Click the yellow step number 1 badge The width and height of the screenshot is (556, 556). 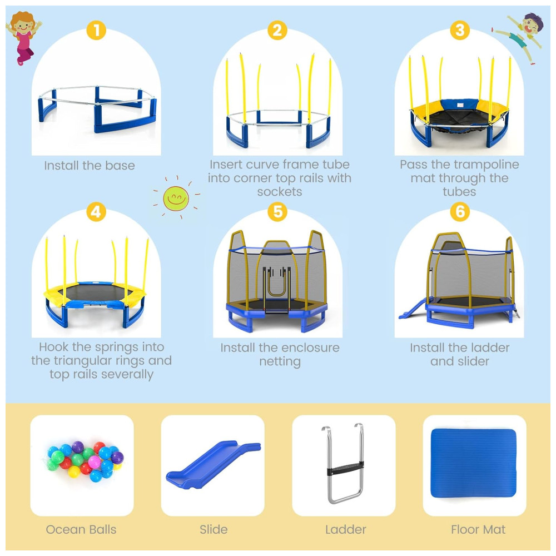(96, 30)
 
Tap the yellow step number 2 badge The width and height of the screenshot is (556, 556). (277, 30)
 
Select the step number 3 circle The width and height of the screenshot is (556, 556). (460, 30)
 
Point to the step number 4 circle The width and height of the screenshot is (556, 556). (96, 212)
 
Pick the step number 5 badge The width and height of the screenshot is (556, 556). (277, 212)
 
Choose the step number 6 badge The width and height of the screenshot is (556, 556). (460, 212)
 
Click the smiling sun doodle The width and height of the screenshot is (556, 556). (176, 198)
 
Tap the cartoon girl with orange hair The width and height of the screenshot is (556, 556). (23, 38)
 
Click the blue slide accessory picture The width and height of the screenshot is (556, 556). (213, 466)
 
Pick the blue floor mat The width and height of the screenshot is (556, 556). (473, 464)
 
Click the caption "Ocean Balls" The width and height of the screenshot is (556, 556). (81, 529)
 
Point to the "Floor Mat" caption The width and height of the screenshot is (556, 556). (478, 529)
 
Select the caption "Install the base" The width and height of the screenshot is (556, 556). (90, 166)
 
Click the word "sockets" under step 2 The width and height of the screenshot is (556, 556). (280, 192)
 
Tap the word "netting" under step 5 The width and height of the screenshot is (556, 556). (280, 362)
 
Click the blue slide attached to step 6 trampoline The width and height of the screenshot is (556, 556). (413, 308)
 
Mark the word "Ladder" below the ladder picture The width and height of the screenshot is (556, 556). (346, 529)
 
